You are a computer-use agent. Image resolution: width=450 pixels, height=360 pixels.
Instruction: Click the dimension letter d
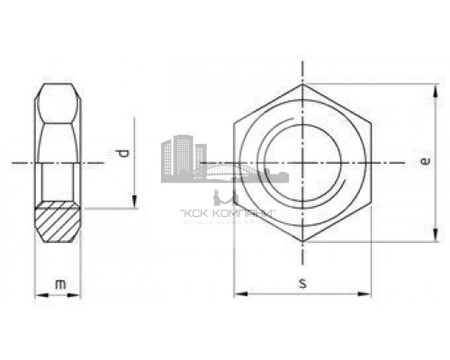[x=125, y=154]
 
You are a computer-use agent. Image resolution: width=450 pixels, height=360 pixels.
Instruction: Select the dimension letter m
[x=59, y=284]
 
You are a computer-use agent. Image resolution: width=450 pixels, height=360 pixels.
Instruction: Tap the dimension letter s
[x=303, y=283]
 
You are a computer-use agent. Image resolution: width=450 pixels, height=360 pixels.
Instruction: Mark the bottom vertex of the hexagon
[x=304, y=244]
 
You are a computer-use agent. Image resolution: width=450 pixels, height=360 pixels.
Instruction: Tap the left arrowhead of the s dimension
[x=239, y=293]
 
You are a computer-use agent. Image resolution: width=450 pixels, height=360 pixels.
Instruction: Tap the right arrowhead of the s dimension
[x=367, y=293]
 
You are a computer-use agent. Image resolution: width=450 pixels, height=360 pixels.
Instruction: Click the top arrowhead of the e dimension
[x=436, y=90]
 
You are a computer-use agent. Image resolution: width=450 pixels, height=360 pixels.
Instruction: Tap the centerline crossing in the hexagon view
[x=304, y=164]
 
